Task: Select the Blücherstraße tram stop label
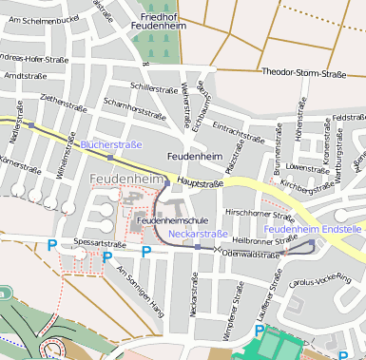111,144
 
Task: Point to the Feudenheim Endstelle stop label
313,230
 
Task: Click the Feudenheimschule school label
172,219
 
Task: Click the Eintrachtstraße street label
238,131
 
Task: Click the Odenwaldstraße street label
248,254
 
